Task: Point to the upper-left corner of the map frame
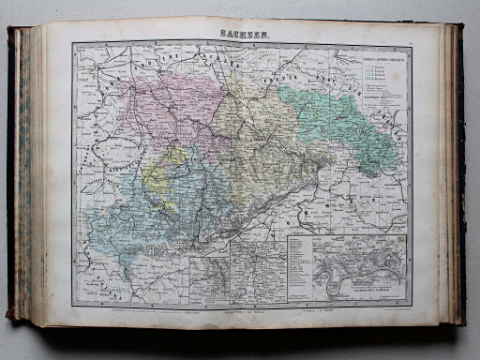[x=73, y=42]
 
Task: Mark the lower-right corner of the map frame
[x=411, y=305]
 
